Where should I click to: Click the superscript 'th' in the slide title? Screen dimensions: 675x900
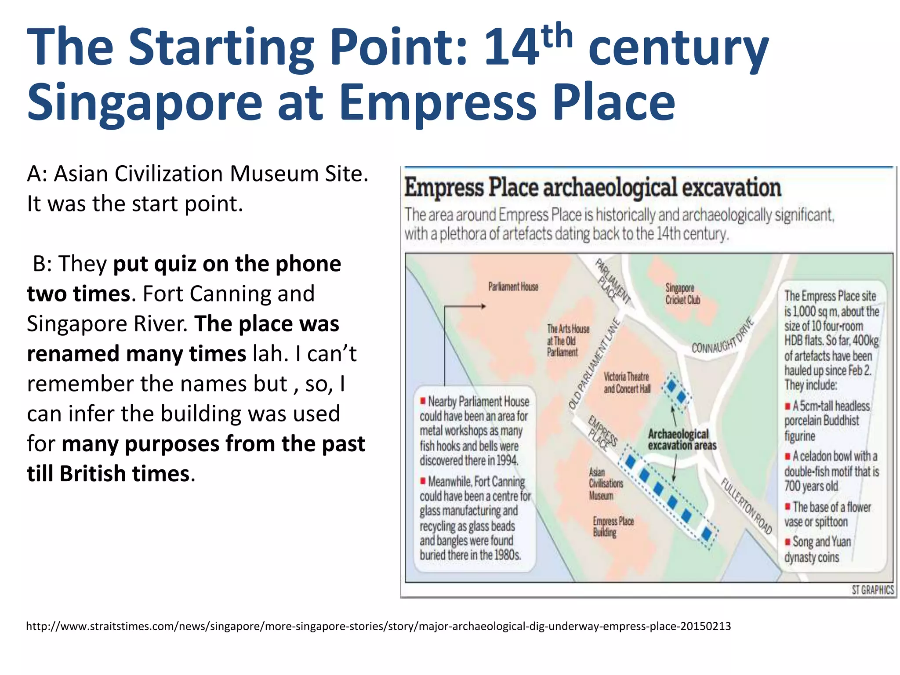point(557,36)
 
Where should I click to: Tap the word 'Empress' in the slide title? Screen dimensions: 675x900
point(438,102)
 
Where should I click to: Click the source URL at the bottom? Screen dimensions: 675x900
point(378,626)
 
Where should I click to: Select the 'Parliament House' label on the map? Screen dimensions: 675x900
point(513,287)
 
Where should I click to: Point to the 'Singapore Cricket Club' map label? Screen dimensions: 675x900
point(682,294)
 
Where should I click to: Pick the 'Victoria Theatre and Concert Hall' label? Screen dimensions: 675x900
point(627,382)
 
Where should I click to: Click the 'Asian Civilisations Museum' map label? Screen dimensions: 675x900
point(606,483)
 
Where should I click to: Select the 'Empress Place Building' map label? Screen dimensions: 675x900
point(613,526)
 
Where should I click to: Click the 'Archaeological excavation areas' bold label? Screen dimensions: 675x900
point(682,439)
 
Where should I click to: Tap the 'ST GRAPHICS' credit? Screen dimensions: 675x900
point(872,590)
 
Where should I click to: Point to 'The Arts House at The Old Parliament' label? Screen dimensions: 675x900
point(568,340)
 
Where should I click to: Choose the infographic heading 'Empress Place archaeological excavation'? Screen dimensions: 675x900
point(592,188)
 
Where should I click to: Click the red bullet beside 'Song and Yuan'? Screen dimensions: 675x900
point(788,541)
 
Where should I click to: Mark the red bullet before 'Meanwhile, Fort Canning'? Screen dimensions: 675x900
point(423,481)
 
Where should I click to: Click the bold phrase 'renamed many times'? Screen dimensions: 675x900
point(136,354)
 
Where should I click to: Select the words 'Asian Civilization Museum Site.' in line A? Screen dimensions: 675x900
point(211,174)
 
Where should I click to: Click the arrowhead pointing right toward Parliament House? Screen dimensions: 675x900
point(483,306)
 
